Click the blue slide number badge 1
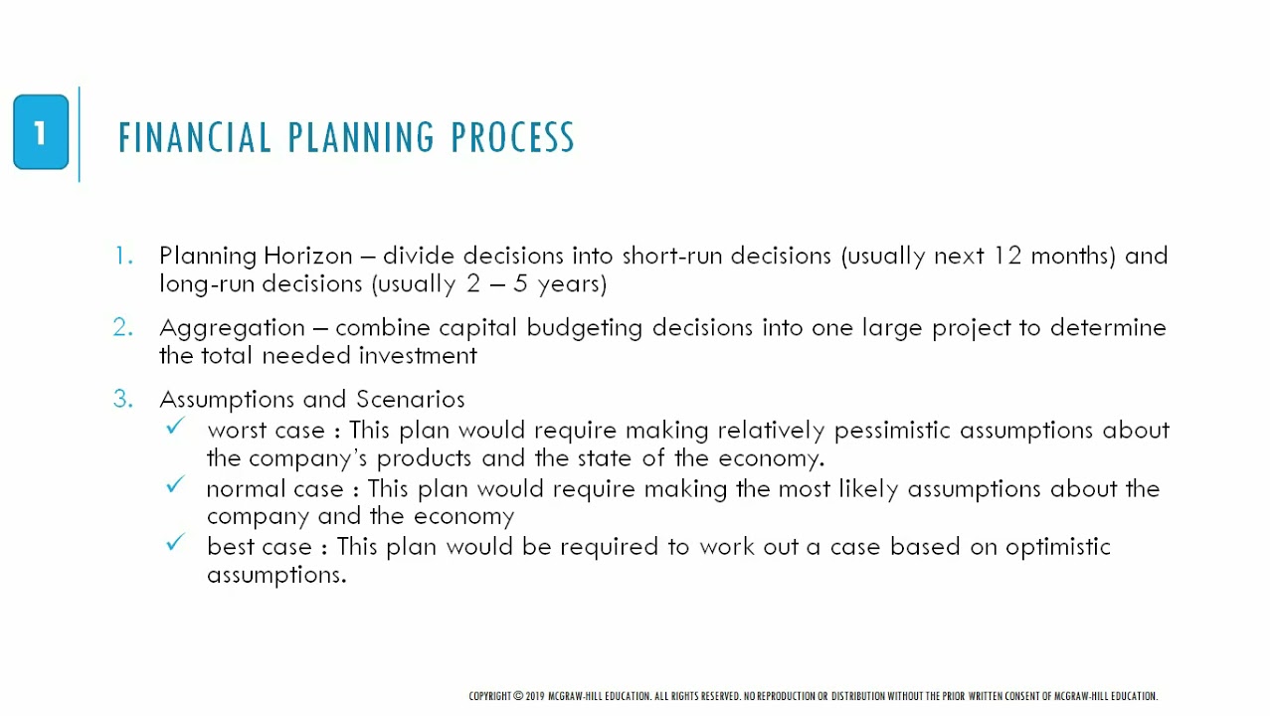41,132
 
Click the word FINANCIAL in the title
195,137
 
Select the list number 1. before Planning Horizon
123,256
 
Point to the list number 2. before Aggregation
122,327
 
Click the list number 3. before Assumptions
122,399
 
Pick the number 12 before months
1007,256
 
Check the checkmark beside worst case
176,427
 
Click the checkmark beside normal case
176,484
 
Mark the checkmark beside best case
176,543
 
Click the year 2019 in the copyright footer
535,696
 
